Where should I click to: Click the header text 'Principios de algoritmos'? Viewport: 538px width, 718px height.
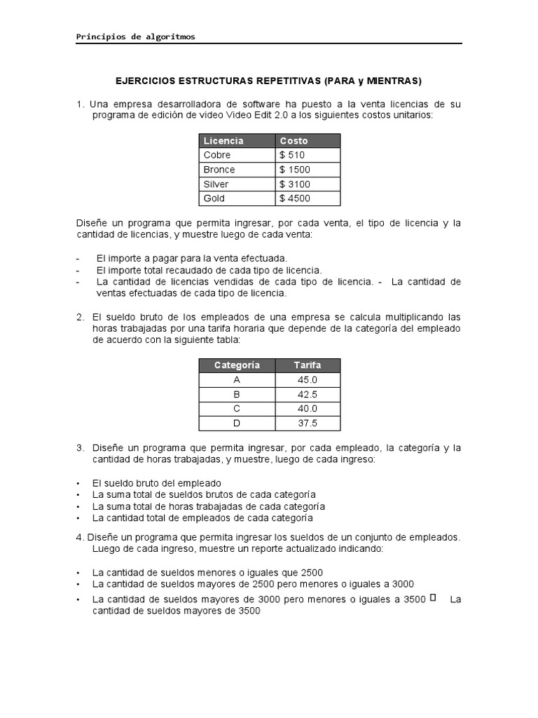tap(136, 36)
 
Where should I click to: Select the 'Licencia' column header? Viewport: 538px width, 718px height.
tap(223, 141)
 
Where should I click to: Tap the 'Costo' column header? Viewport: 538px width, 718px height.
tap(294, 141)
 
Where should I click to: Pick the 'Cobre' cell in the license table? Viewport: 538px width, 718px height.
tap(216, 155)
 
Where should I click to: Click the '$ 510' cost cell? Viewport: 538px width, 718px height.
tap(291, 155)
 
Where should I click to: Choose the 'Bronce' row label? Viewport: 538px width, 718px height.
tap(219, 170)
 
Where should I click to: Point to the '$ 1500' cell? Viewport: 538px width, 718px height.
tap(294, 170)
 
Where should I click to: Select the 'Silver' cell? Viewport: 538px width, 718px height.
tap(216, 184)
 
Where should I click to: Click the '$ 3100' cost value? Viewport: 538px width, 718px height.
tap(294, 184)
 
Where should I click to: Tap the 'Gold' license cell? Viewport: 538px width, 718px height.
tap(214, 198)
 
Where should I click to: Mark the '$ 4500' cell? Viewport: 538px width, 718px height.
tap(294, 198)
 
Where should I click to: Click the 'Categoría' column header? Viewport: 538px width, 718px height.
tap(237, 365)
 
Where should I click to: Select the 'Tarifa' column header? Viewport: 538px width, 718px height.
tap(308, 365)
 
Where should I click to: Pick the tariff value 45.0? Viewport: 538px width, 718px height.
tap(308, 380)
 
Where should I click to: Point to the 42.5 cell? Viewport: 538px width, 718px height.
tap(308, 394)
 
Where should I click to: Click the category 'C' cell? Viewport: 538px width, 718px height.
tap(237, 409)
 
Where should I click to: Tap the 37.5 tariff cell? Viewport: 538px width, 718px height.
tap(308, 423)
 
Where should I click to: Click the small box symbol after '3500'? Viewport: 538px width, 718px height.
tap(432, 597)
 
